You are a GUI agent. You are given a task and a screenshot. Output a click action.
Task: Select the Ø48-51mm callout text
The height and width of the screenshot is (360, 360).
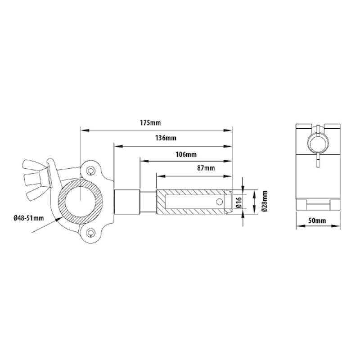point(29,218)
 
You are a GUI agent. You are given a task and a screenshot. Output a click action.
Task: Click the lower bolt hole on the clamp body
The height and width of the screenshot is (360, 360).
point(92,232)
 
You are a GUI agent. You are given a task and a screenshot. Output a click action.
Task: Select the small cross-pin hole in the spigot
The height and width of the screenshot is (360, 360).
point(220,201)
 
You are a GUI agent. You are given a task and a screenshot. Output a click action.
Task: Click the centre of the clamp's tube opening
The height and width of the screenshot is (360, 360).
point(81,201)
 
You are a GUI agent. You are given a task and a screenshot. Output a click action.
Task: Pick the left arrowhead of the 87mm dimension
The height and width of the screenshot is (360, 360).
point(158,175)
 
